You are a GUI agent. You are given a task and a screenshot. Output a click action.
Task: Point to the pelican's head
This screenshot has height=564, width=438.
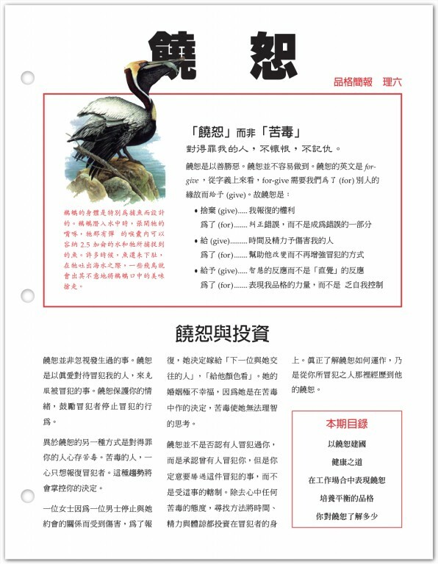click(136, 71)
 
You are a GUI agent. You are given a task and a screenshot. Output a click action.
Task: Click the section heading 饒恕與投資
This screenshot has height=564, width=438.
click(222, 332)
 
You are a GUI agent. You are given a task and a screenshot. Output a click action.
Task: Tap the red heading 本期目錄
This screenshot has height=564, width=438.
click(347, 424)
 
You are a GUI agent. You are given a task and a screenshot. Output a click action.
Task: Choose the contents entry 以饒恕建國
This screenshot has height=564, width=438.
click(347, 444)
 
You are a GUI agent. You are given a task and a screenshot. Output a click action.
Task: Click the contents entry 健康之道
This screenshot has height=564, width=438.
click(347, 462)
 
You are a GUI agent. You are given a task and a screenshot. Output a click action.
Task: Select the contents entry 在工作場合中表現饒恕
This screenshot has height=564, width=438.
click(347, 480)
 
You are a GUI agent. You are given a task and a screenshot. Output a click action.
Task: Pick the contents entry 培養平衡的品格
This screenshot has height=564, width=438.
click(347, 498)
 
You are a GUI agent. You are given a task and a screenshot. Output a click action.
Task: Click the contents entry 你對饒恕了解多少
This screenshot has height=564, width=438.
click(347, 516)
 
